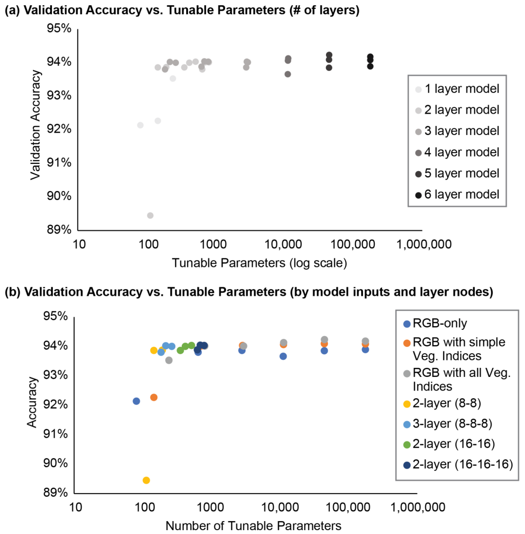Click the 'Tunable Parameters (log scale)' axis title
coord(259,263)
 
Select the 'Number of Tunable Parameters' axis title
coord(253,526)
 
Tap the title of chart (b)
coord(249,292)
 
